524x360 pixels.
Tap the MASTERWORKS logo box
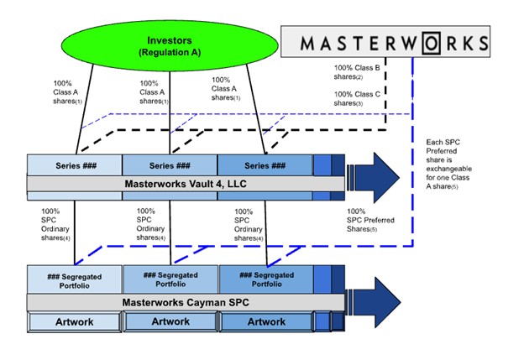(x=385, y=41)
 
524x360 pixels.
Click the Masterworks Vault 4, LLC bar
(x=185, y=184)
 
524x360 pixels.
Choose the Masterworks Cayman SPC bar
(x=185, y=301)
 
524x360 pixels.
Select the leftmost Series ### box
(x=75, y=164)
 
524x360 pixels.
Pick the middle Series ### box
(x=170, y=164)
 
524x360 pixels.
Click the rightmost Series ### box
(x=265, y=164)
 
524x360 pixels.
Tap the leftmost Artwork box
(x=75, y=321)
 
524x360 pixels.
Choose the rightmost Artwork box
(x=266, y=321)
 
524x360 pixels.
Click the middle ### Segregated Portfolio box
(x=170, y=279)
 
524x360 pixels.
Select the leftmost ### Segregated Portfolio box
(x=75, y=279)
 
